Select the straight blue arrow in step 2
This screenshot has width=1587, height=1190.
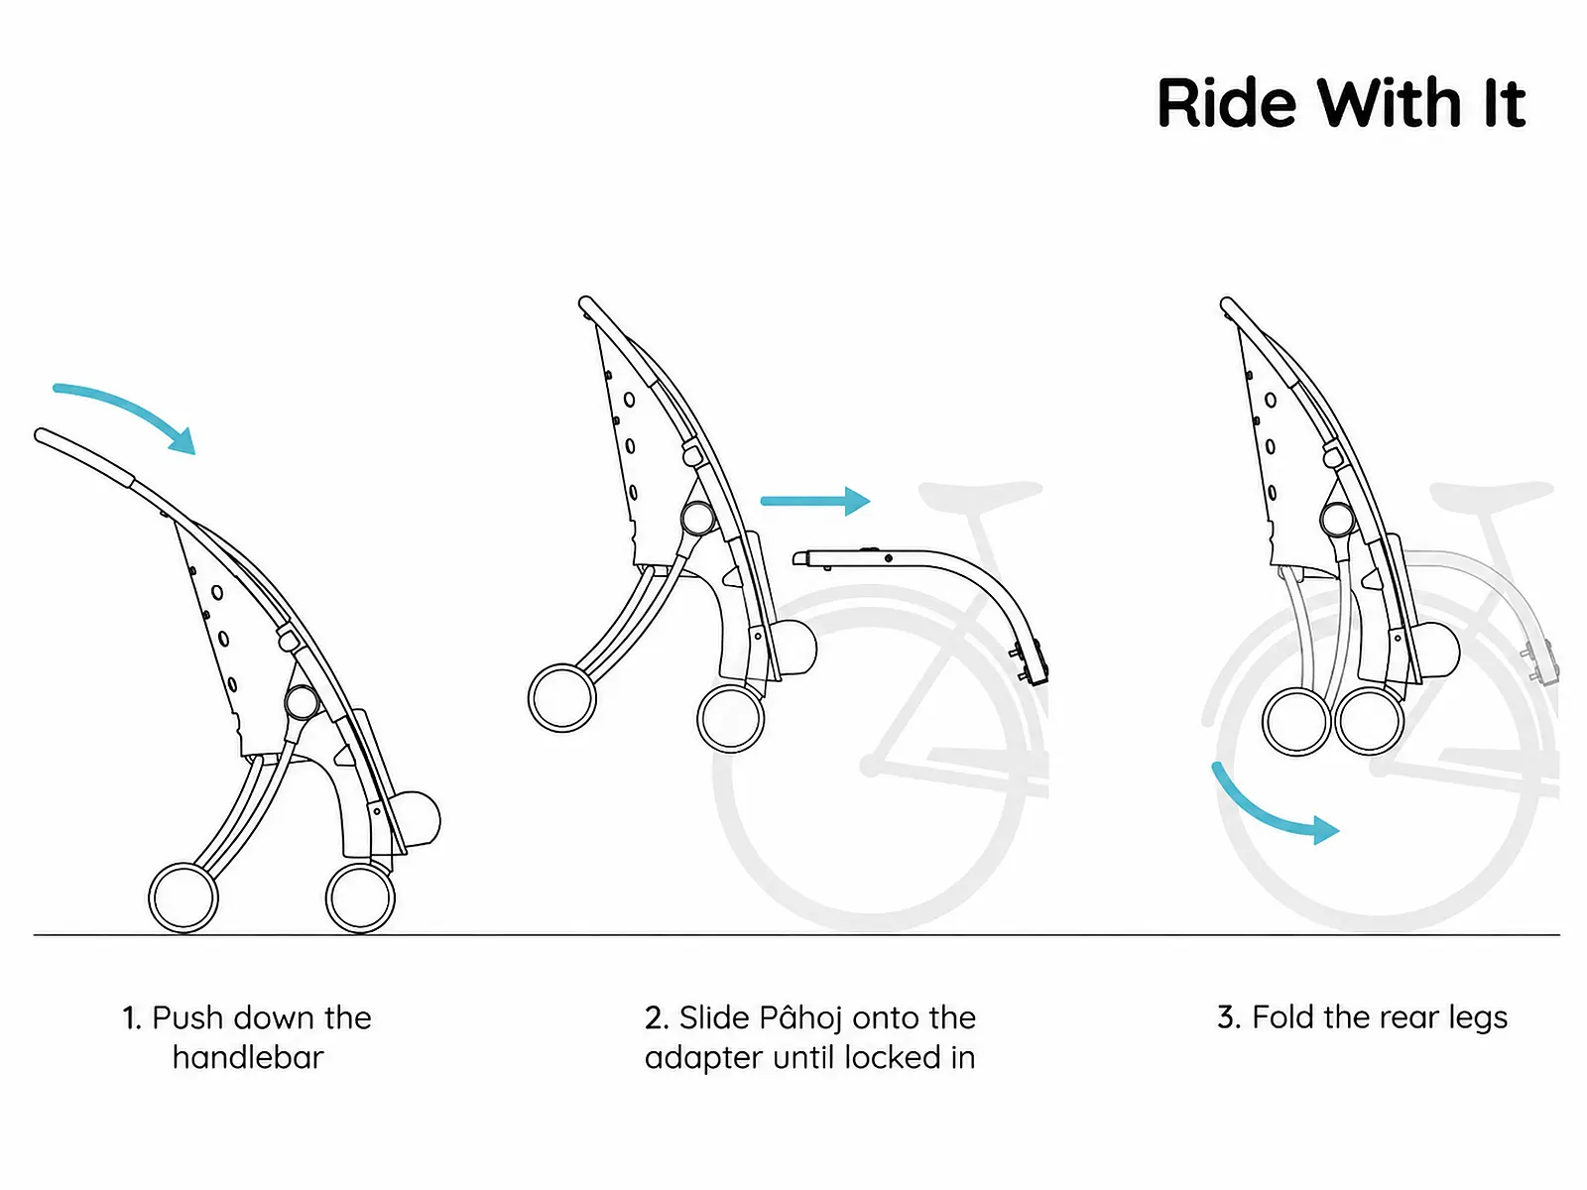(x=815, y=501)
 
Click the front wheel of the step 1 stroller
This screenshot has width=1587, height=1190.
(x=183, y=898)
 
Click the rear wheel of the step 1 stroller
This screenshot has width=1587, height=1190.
(x=360, y=898)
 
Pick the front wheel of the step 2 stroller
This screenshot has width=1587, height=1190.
(x=561, y=699)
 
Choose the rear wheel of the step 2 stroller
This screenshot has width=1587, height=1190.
(x=730, y=718)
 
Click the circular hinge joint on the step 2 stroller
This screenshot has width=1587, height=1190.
(x=697, y=518)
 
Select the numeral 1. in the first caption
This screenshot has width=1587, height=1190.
(x=132, y=1018)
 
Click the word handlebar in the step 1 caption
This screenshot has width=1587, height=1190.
(x=248, y=1058)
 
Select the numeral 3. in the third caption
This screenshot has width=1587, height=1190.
(x=1229, y=1017)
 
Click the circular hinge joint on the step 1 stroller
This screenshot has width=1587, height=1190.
(x=302, y=701)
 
